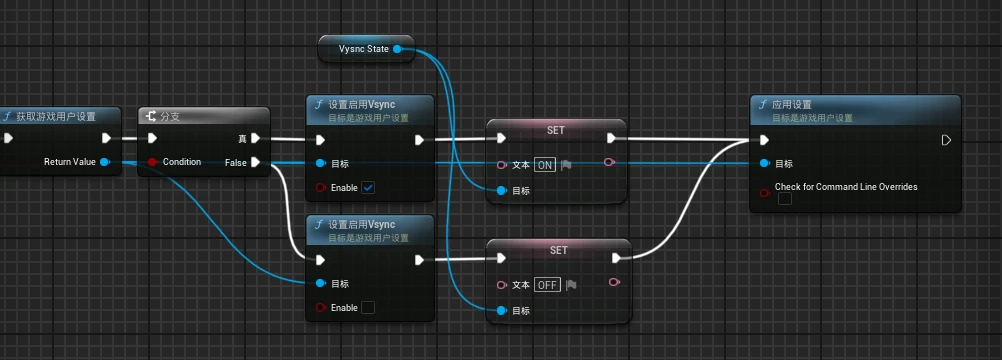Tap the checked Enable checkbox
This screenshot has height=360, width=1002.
[368, 187]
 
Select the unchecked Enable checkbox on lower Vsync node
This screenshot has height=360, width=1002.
[368, 307]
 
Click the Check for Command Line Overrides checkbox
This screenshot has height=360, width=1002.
[785, 199]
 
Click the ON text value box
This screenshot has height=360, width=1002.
[544, 164]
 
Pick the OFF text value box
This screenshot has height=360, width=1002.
[546, 284]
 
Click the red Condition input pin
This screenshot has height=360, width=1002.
[152, 162]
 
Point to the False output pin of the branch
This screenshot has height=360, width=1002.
[256, 162]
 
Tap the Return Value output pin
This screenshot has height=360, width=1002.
[105, 161]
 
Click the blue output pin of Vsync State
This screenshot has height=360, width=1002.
[398, 48]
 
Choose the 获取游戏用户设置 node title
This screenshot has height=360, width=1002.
[56, 116]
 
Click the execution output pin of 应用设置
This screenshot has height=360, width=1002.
[946, 140]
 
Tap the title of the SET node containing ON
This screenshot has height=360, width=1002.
[556, 130]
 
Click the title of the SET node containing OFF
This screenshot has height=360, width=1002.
[558, 250]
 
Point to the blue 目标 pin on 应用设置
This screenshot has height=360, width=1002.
[764, 163]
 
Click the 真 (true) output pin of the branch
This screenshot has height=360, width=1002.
[256, 139]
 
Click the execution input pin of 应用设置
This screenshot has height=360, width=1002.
[764, 140]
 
